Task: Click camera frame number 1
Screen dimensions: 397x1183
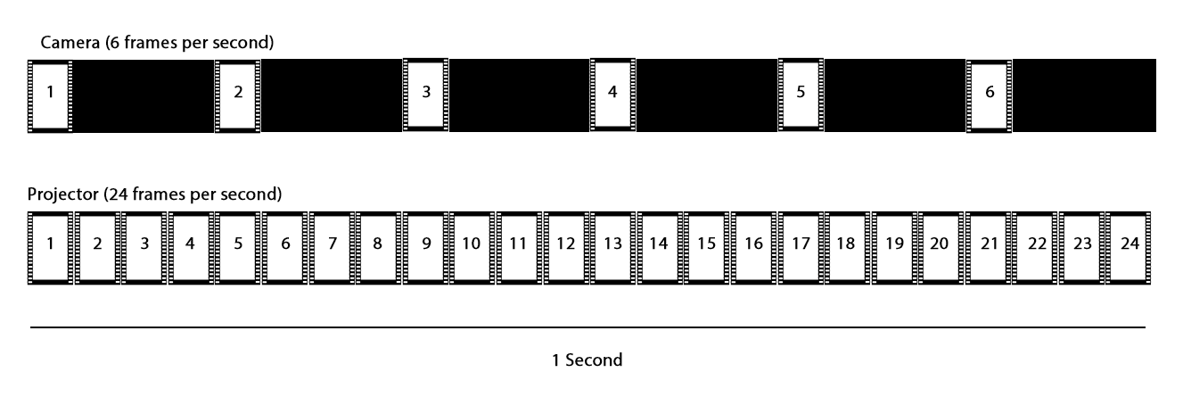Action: pos(50,92)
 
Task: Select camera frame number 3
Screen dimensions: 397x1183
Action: pos(426,92)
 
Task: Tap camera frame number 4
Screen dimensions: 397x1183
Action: pos(612,92)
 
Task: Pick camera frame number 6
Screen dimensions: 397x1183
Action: pos(989,92)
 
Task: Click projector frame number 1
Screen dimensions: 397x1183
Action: pos(50,244)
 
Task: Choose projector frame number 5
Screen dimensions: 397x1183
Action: pos(238,244)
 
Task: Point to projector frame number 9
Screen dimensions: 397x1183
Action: pos(426,244)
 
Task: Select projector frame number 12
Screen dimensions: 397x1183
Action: pos(565,244)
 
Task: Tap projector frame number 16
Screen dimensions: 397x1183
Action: pos(753,244)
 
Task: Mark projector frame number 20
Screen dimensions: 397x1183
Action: pos(941,244)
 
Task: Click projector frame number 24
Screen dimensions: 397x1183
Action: pos(1130,244)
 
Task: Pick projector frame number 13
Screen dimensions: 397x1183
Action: pos(612,244)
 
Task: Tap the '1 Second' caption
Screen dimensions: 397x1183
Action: pos(587,360)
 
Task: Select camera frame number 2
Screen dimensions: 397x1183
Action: pos(238,92)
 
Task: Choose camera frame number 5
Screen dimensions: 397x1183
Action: pos(801,92)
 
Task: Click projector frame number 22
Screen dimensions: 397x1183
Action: pos(1036,244)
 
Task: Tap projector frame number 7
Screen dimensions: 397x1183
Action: pos(332,244)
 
